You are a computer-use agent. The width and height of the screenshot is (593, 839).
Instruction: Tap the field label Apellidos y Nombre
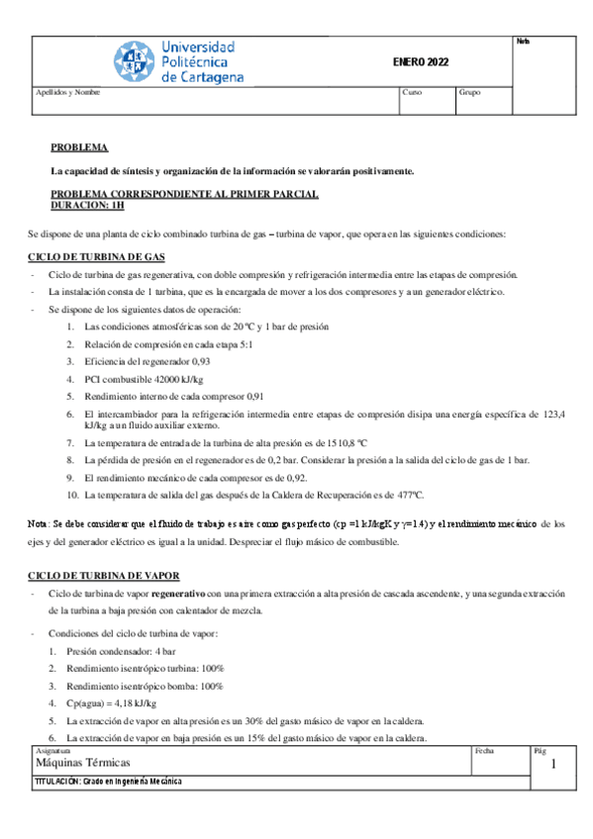point(67,92)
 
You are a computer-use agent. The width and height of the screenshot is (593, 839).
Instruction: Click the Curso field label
point(413,92)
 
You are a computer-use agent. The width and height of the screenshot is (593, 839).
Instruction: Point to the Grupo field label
point(470,92)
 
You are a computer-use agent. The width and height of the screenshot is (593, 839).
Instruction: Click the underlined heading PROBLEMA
point(79,146)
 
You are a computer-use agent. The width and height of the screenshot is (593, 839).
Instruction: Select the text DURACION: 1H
point(88,206)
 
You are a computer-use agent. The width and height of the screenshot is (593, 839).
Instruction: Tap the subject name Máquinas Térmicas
point(82,765)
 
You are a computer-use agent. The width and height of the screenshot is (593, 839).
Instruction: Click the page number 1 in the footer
point(554,765)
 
